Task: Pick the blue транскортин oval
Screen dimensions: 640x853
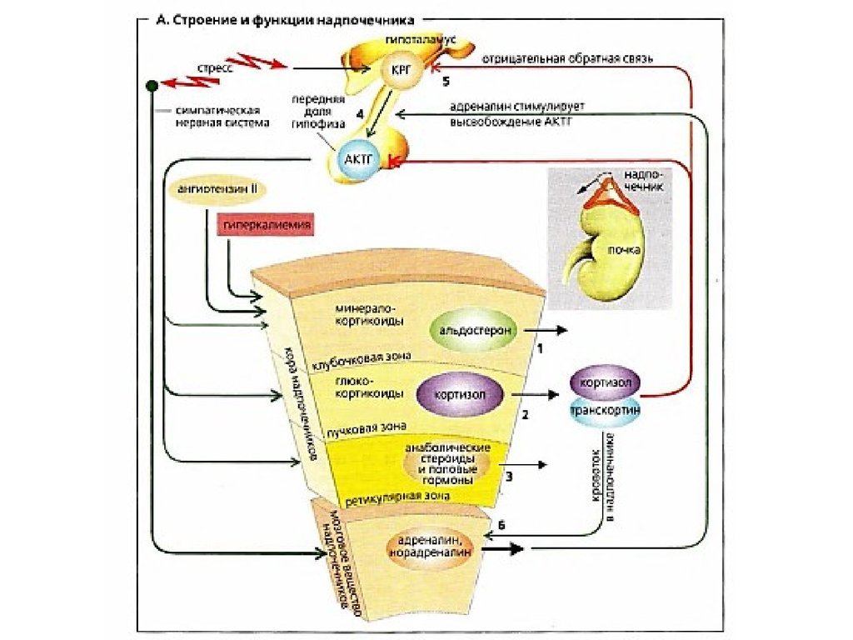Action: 606,410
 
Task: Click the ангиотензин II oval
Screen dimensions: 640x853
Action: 218,190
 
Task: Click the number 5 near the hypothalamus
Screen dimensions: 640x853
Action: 446,82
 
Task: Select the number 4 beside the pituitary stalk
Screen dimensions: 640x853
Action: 360,112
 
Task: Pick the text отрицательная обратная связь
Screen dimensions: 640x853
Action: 568,59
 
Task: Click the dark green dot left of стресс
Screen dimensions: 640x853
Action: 151,85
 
